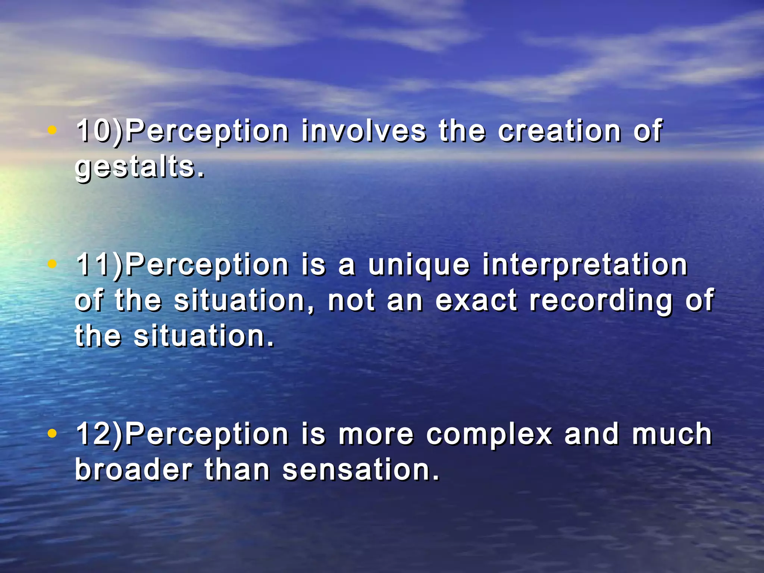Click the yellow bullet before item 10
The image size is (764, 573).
[x=53, y=131]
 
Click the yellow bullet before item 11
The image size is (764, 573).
[x=53, y=264]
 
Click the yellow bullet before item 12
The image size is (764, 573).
[x=53, y=433]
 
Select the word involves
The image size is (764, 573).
[x=364, y=131]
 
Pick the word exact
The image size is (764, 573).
[x=476, y=300]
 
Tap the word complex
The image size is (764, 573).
[x=489, y=435]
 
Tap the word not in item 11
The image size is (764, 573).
[x=351, y=300]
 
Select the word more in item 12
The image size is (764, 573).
[x=376, y=435]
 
